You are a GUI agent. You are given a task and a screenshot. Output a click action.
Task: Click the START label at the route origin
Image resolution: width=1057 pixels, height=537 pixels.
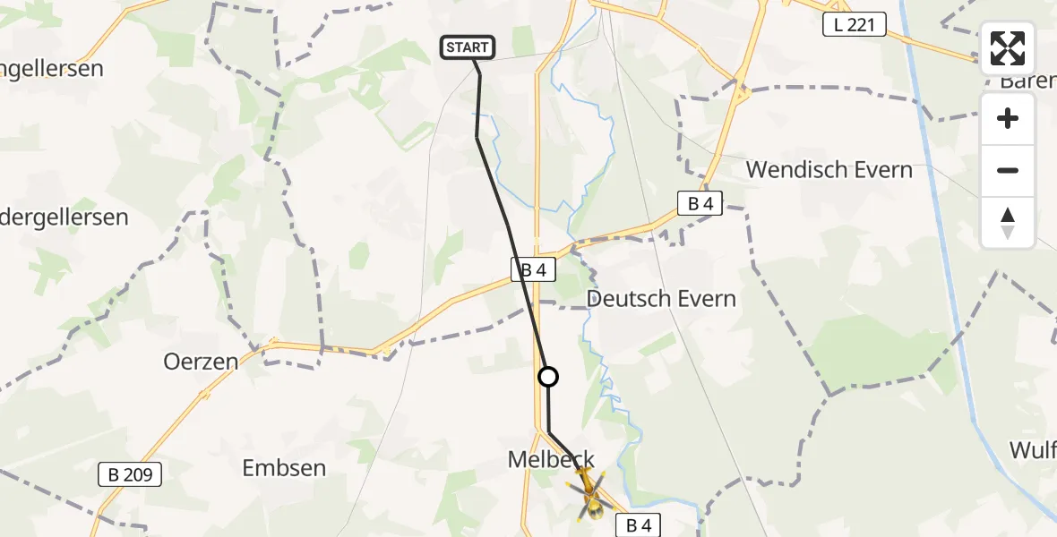point(467,47)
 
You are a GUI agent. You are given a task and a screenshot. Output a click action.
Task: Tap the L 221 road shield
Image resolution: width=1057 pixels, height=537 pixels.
point(854,26)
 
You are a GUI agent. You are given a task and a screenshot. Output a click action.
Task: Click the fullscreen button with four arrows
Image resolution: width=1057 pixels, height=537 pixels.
point(1008,48)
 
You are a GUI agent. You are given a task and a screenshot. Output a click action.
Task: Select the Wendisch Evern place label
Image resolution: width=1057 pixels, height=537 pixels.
point(829,169)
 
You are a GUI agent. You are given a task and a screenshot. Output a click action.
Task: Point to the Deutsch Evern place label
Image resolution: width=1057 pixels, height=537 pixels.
point(661,298)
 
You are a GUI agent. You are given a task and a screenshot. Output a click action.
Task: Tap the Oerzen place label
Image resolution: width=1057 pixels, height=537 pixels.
point(201,362)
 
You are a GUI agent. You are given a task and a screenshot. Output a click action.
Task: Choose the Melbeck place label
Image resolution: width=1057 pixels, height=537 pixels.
point(551,459)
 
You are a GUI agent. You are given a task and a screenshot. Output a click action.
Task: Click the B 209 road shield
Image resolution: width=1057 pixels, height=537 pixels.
point(130,475)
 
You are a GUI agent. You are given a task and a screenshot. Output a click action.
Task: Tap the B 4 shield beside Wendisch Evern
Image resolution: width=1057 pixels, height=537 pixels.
point(700,204)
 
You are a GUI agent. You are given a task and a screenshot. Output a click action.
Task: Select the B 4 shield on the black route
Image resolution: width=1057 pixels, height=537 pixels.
point(533,268)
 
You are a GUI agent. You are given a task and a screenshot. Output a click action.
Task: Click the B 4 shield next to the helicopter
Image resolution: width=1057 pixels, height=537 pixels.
point(638,525)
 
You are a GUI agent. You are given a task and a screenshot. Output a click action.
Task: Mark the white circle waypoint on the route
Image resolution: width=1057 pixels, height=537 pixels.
point(547,377)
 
